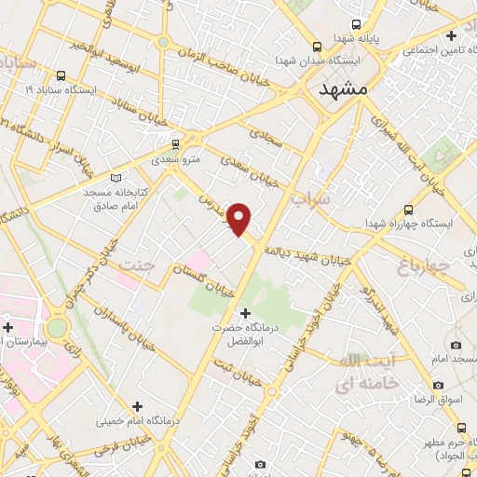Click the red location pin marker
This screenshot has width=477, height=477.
click(x=240, y=218)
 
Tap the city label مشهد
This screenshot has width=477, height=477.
click(x=344, y=89)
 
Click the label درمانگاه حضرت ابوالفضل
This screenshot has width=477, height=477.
click(x=245, y=334)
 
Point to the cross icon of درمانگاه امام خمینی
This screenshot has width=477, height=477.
click(x=138, y=405)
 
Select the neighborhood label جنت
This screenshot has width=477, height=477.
click(x=137, y=266)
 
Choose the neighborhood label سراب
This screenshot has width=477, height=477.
click(x=311, y=199)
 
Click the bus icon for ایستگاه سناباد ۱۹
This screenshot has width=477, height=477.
click(x=61, y=76)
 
